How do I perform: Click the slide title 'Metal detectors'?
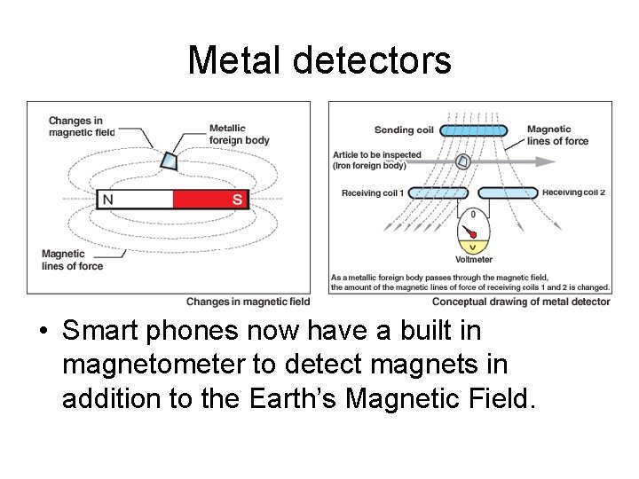319,60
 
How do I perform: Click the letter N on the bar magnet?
107,200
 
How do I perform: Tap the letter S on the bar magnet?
237,200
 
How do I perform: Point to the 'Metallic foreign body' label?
239,134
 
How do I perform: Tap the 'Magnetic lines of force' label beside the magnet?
72,260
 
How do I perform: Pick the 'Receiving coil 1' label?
373,193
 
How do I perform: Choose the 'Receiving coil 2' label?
573,192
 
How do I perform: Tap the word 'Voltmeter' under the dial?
473,260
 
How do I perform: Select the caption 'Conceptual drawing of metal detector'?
521,302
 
